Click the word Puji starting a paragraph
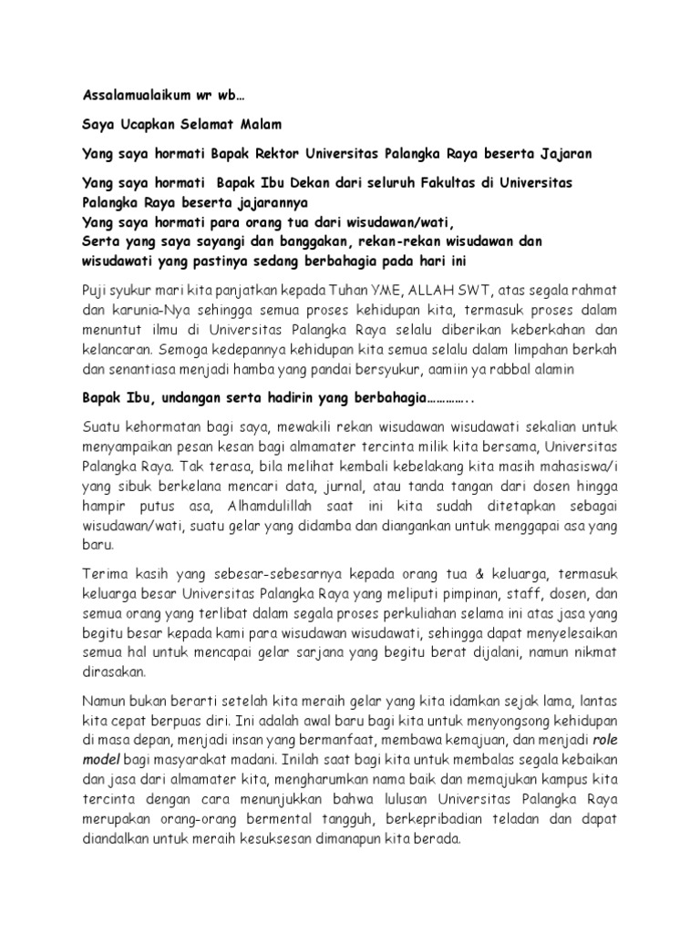pos(95,290)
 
